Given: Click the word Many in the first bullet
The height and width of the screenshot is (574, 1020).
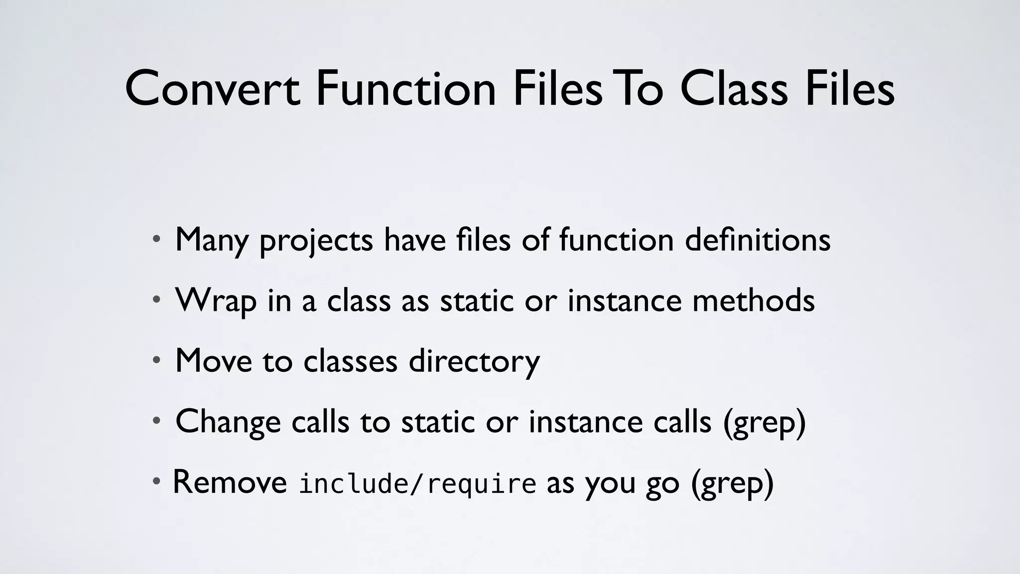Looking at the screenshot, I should (x=212, y=241).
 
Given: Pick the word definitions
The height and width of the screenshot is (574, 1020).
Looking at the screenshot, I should (x=758, y=240).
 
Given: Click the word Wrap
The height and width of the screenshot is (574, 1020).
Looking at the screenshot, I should (x=216, y=301).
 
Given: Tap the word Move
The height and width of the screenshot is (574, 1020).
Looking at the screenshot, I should (x=214, y=361).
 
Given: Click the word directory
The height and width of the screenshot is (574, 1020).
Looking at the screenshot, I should (x=474, y=362).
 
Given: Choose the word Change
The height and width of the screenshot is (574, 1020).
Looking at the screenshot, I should (x=228, y=423).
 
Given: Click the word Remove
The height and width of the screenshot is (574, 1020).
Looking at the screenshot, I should (x=230, y=482).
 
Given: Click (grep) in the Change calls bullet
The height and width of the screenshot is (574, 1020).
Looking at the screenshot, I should (x=764, y=423).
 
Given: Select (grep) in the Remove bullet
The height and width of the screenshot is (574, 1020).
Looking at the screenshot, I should (x=732, y=483).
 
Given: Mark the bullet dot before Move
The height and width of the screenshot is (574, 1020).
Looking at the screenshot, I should (x=156, y=360).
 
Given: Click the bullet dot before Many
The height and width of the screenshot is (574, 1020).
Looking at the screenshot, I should (x=156, y=239).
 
